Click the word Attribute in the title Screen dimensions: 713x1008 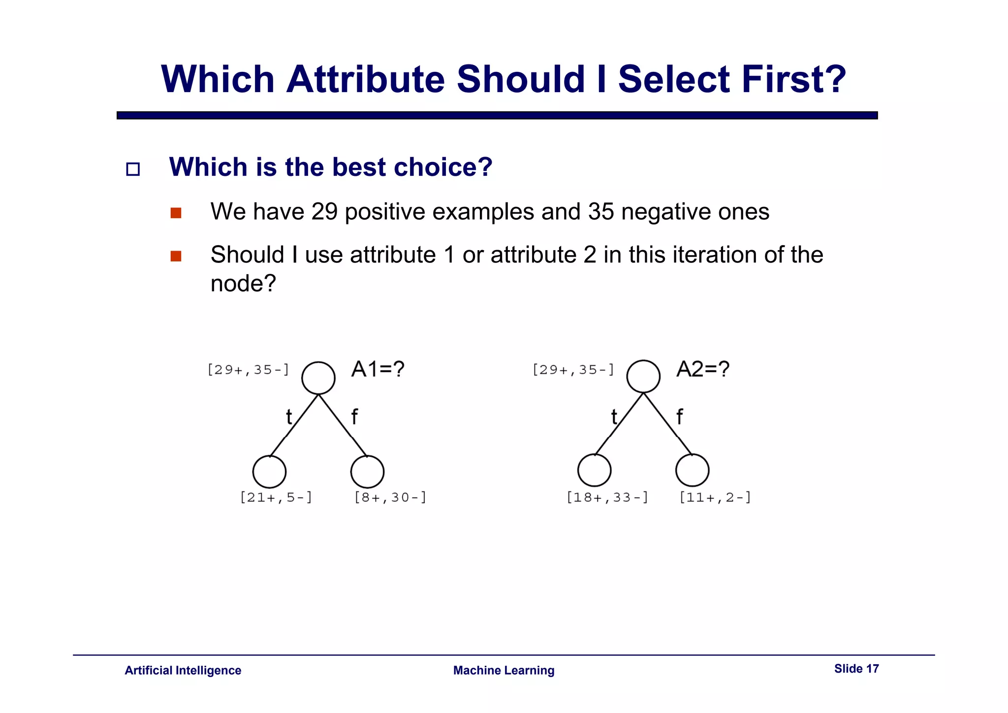click(x=365, y=79)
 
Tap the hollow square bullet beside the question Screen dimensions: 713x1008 click(x=133, y=169)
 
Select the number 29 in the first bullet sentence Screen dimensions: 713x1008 click(x=324, y=212)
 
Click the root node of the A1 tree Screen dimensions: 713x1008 click(x=318, y=378)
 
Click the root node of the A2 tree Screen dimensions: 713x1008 click(x=643, y=377)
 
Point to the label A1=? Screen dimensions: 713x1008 click(x=378, y=369)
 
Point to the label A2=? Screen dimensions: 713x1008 click(x=703, y=369)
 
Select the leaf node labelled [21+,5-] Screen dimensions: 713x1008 click(x=269, y=472)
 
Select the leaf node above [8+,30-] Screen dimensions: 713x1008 click(x=367, y=472)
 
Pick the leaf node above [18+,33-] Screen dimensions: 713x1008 click(x=595, y=470)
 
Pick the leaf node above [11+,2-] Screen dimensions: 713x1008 click(x=692, y=470)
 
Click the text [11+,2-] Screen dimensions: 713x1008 click(x=715, y=497)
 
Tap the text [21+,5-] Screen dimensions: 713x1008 click(x=276, y=497)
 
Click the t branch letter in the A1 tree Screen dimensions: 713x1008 click(x=289, y=418)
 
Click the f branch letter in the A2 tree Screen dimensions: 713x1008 click(x=679, y=417)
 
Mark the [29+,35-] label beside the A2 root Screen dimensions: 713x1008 click(x=573, y=370)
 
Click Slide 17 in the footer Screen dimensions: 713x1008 click(x=856, y=669)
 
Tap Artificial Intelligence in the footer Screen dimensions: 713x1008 click(x=183, y=671)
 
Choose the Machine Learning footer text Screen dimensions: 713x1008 click(x=504, y=671)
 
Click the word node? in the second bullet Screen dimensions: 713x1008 click(x=243, y=284)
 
